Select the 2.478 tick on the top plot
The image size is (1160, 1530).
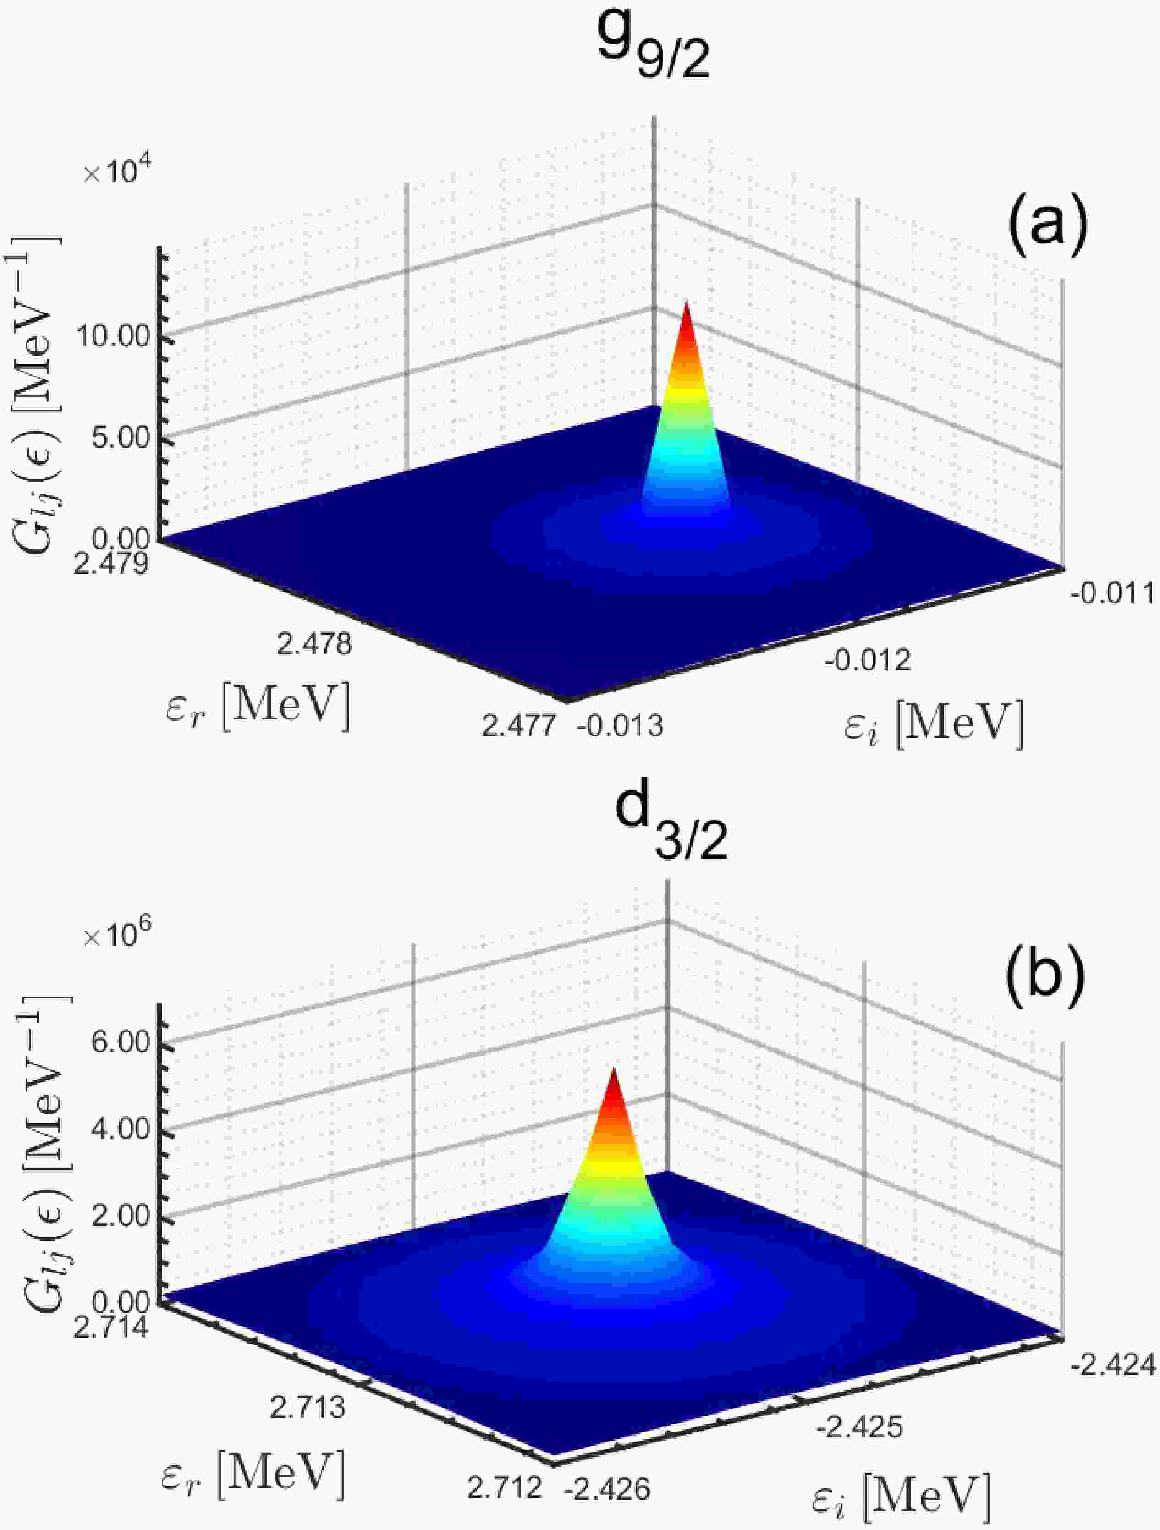coord(313,645)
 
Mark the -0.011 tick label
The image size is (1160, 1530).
coord(1111,593)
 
